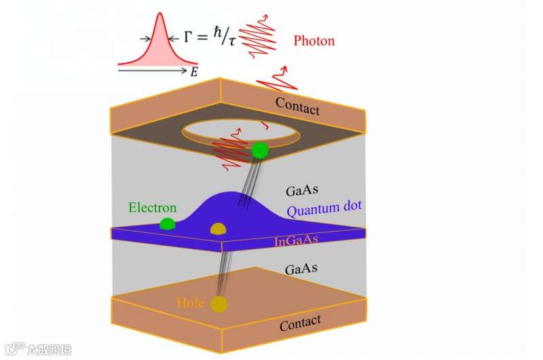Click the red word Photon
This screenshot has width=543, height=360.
tap(314, 41)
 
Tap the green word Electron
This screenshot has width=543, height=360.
tap(153, 208)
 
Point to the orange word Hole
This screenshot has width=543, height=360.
tap(190, 302)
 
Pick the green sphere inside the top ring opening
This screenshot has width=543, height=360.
tap(259, 149)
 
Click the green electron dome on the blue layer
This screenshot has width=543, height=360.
tap(167, 223)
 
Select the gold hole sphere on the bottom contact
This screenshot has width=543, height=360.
tap(219, 304)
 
